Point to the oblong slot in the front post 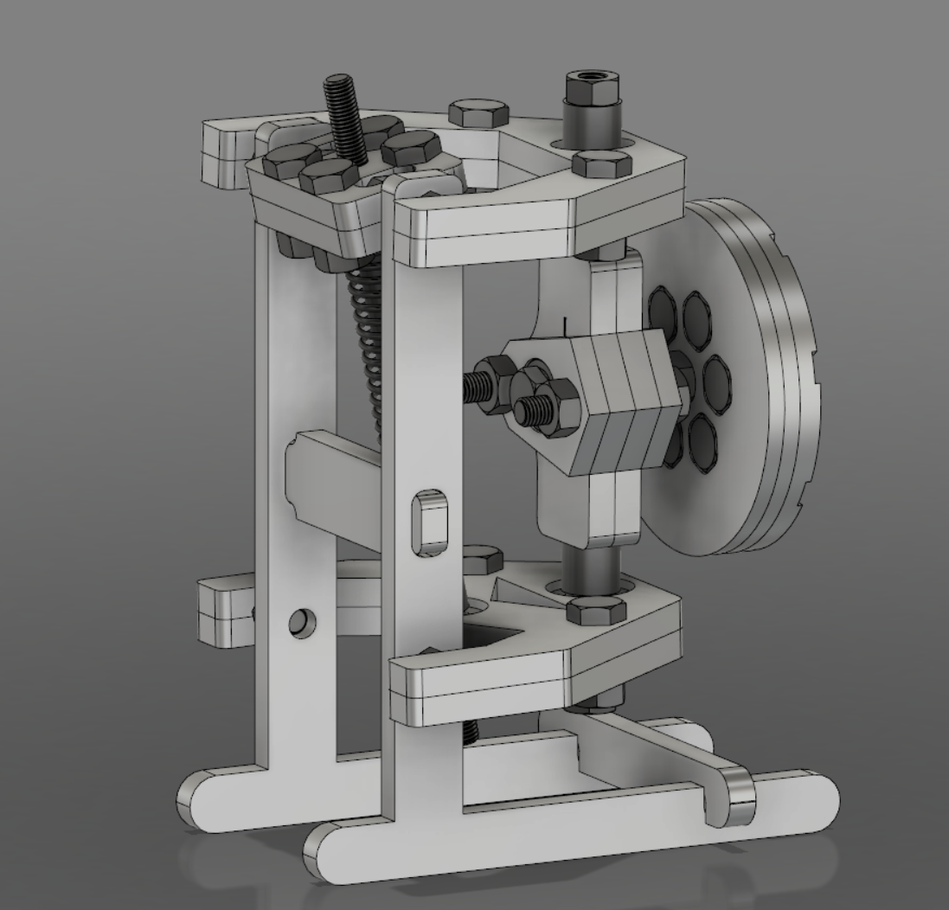click(430, 521)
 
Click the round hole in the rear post click(303, 622)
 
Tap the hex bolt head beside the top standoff click(603, 163)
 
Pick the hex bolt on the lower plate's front click(595, 611)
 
